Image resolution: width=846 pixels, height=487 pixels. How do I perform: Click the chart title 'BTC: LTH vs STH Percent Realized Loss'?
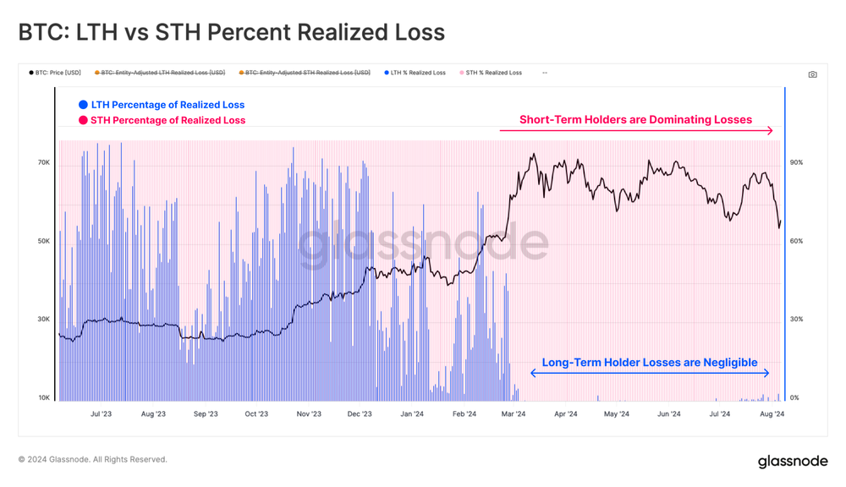pyautogui.click(x=231, y=32)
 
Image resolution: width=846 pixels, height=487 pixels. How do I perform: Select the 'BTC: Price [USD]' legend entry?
pyautogui.click(x=58, y=73)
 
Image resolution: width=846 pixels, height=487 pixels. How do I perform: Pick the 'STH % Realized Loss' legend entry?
pyautogui.click(x=492, y=73)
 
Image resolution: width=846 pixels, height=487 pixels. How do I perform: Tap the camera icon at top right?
pyautogui.click(x=812, y=74)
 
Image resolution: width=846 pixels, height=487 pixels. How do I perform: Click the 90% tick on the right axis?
pyautogui.click(x=796, y=162)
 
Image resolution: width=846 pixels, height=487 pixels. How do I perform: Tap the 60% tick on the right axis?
pyautogui.click(x=796, y=241)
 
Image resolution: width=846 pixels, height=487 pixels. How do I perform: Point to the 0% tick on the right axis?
pyautogui.click(x=794, y=397)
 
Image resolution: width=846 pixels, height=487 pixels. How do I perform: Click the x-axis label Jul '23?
pyautogui.click(x=101, y=414)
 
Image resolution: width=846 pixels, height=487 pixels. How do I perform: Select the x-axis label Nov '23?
pyautogui.click(x=309, y=414)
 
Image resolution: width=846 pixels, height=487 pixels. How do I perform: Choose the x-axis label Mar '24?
pyautogui.click(x=514, y=414)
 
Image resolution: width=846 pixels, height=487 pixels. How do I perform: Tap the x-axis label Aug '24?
pyautogui.click(x=772, y=414)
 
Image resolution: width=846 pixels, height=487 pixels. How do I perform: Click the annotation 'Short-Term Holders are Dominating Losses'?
pyautogui.click(x=635, y=119)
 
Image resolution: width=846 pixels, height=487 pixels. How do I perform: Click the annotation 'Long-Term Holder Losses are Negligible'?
pyautogui.click(x=649, y=362)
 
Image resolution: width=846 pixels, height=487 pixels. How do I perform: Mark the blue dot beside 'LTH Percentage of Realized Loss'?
pyautogui.click(x=83, y=105)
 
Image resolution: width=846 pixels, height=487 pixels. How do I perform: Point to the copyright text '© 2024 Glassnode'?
pyautogui.click(x=92, y=460)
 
